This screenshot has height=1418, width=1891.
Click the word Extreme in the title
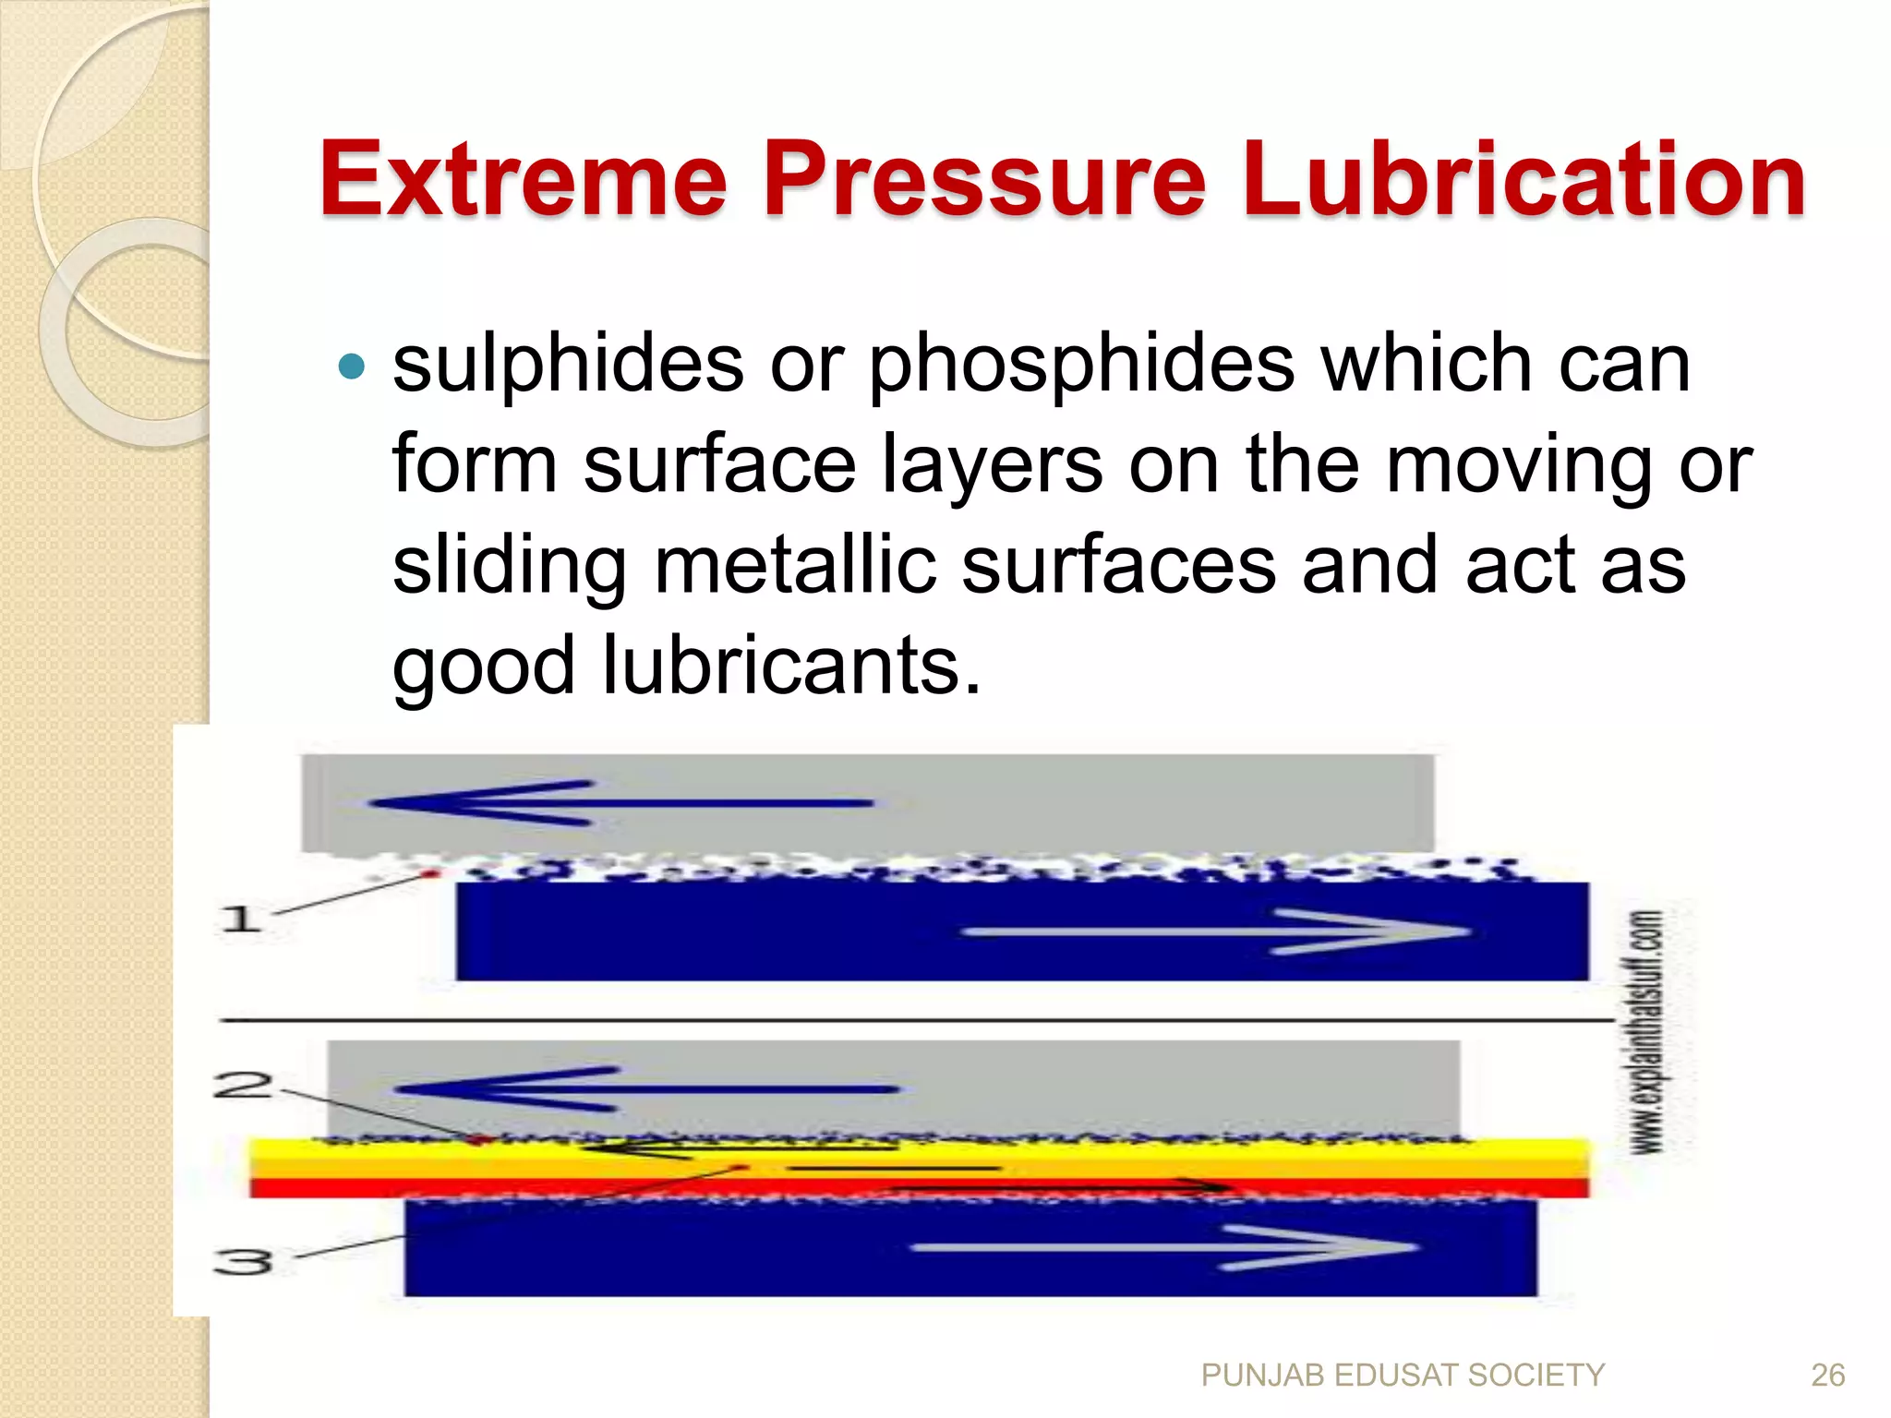[524, 179]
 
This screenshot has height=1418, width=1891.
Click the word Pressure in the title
[984, 179]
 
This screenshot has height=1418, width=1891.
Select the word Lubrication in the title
[1524, 179]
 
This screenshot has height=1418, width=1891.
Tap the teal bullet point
[352, 367]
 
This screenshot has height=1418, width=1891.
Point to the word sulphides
[568, 364]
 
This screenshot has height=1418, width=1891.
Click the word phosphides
[1081, 364]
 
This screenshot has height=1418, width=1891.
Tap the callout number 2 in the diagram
[242, 1085]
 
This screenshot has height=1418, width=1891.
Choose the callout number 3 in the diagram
[243, 1261]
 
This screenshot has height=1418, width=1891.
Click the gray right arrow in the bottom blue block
[1163, 1248]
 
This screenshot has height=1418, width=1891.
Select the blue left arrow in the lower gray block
[646, 1089]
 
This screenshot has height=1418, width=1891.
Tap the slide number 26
[1827, 1376]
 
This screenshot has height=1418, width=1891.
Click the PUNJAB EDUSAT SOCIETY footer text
[1403, 1376]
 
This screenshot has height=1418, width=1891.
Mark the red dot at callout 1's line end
[429, 873]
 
